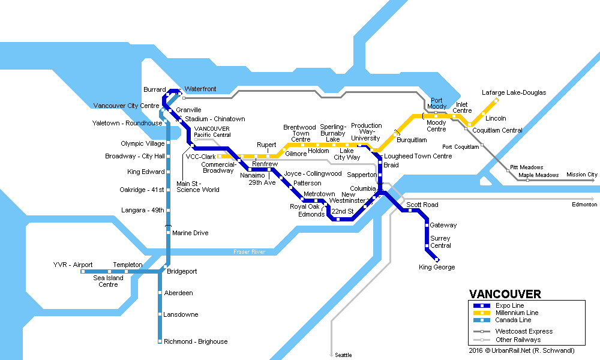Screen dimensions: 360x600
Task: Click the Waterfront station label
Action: click(x=200, y=89)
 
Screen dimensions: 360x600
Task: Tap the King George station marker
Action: click(x=445, y=259)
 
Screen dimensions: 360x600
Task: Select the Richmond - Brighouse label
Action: click(x=196, y=341)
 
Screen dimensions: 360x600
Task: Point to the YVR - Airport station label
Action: click(x=73, y=265)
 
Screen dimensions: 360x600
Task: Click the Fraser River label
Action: click(x=249, y=252)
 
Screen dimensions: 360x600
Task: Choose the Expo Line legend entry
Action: click(x=509, y=305)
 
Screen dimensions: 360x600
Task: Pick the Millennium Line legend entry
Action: click(x=517, y=313)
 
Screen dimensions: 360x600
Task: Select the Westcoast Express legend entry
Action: click(x=524, y=331)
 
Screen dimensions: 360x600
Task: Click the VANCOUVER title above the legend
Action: click(x=505, y=294)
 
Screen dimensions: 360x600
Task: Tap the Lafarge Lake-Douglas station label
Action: click(x=514, y=93)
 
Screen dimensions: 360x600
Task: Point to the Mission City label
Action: click(x=582, y=175)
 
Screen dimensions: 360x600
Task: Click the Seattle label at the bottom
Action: click(x=344, y=355)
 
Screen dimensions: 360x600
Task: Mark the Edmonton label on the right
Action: click(x=584, y=205)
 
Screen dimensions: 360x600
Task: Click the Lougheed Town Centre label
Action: click(x=418, y=156)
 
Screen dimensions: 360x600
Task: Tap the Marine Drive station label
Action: click(x=190, y=233)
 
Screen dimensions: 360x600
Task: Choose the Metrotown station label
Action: click(x=319, y=194)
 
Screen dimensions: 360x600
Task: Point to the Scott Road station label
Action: click(x=422, y=205)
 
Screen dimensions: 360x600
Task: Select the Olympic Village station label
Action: click(x=142, y=144)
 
